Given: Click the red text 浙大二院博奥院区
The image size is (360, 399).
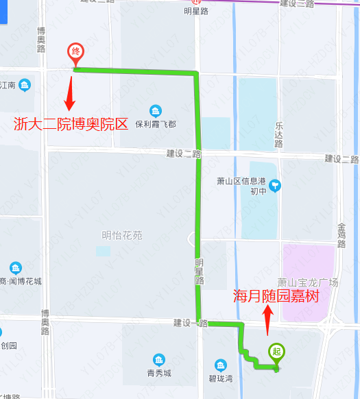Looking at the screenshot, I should point(71,124).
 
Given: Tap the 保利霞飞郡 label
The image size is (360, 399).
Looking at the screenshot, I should point(155,125).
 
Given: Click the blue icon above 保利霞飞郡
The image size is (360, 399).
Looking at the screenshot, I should point(156,111).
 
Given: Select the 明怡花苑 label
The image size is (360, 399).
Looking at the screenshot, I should point(121,235).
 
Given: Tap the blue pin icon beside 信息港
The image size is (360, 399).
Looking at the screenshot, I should point(275,184).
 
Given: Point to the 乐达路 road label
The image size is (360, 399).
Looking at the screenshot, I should point(279,135).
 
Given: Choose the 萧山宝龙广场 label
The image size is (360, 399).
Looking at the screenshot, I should point(308,282).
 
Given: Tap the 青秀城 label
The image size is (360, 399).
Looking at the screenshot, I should point(158,374).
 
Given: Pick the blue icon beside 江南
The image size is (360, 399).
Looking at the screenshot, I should point(25,85).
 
